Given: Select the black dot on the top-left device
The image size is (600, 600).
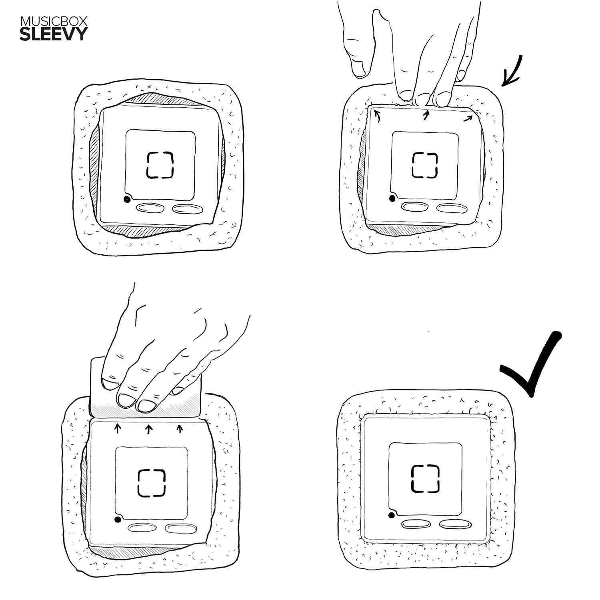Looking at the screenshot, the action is (x=127, y=200).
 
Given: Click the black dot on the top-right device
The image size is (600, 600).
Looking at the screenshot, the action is (x=392, y=198).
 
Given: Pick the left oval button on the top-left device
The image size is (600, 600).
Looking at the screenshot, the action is (x=150, y=208).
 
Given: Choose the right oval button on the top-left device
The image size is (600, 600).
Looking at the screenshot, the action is (x=186, y=209).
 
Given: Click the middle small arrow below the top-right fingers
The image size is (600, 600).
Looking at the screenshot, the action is (x=426, y=115).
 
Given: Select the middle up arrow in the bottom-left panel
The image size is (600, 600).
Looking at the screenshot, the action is (x=148, y=429).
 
